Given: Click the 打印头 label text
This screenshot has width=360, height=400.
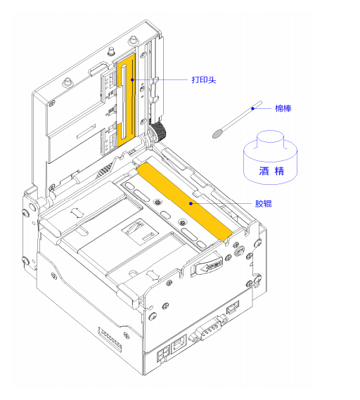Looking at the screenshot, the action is click(204, 80).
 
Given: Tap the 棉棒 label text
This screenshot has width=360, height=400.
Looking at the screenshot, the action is click(283, 108).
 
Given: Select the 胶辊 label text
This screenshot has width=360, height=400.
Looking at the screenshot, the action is click(263, 204).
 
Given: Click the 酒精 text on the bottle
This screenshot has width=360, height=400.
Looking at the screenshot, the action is click(271, 171).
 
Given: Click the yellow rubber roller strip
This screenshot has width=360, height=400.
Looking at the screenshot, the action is click(184, 202).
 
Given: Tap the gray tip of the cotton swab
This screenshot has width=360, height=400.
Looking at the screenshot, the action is click(218, 134).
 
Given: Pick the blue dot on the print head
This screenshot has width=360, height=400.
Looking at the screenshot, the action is click(132, 80).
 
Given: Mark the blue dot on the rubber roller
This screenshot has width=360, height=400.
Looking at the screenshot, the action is click(191, 203).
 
